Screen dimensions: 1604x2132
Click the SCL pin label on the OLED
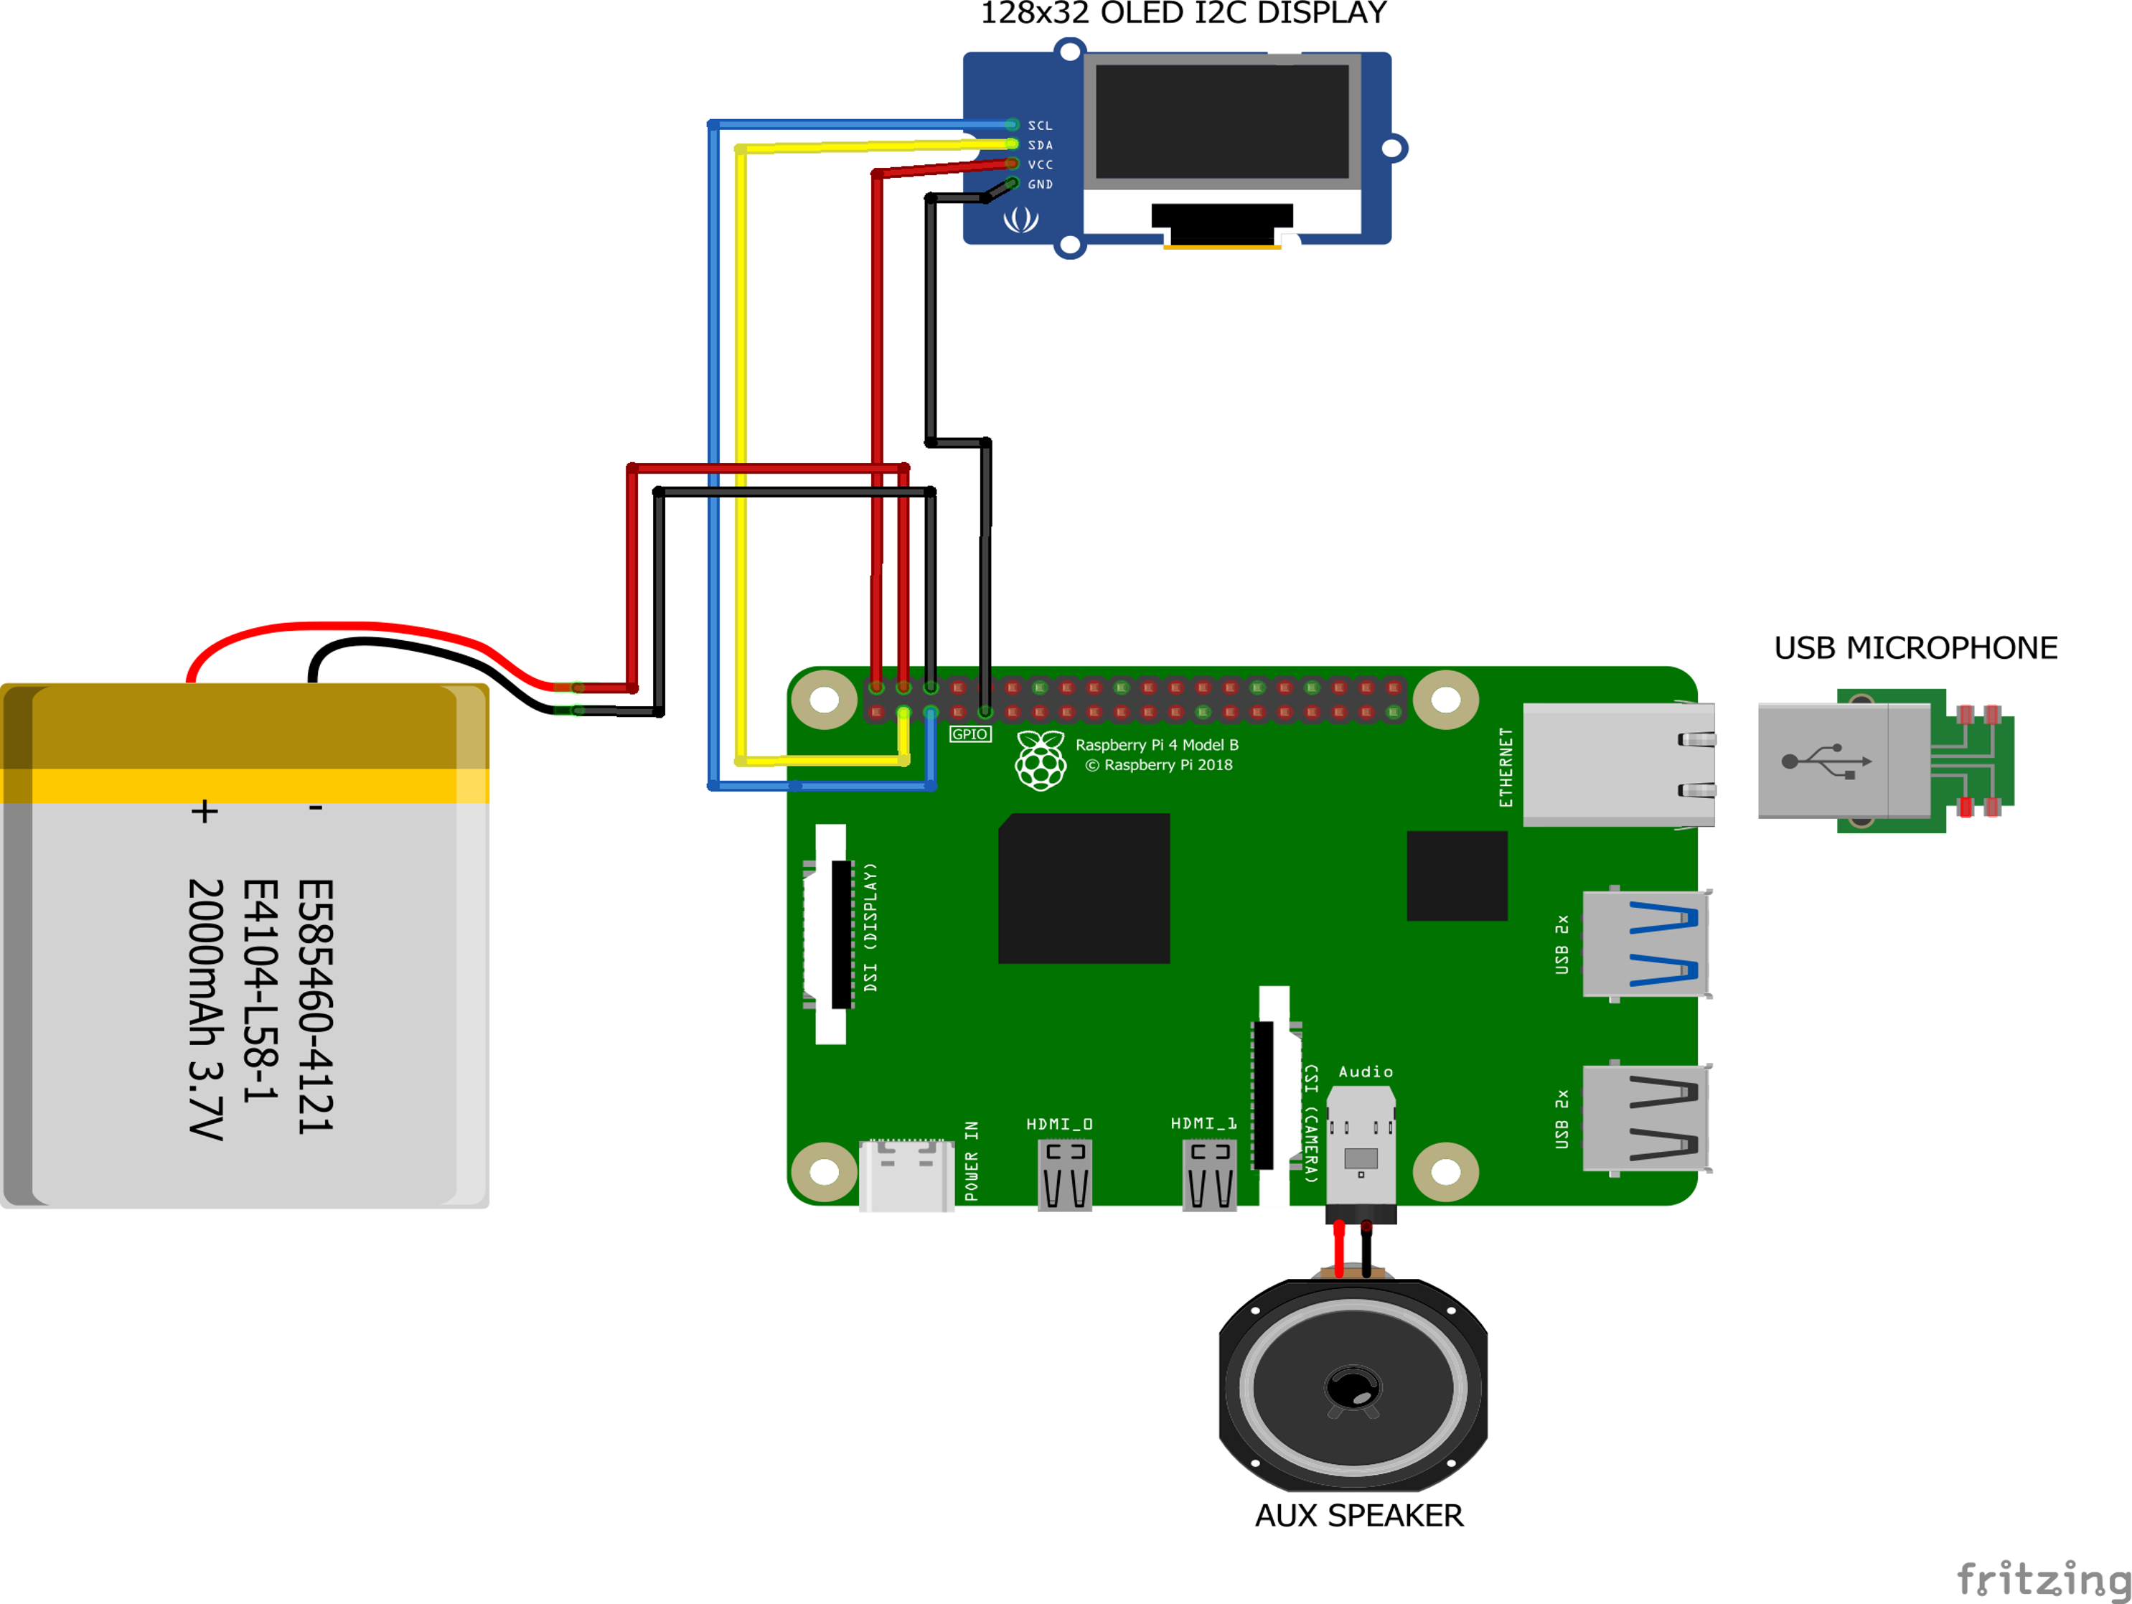pos(1040,126)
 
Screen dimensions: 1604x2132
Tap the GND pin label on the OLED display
pos(1040,185)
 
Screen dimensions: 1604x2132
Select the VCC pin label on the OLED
pos(1040,165)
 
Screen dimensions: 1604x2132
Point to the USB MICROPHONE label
pos(1915,649)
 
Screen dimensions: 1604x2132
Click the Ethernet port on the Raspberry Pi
pos(1618,764)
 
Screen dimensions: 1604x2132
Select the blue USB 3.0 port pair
pos(1646,944)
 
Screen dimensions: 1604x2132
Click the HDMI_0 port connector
pos(1065,1173)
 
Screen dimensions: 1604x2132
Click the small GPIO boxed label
pos(969,734)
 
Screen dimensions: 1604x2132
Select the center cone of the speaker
pos(1353,1389)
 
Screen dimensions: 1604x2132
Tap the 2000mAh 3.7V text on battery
pos(205,1008)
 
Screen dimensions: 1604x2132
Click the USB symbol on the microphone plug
pos(1826,761)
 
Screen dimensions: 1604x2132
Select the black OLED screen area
pos(1221,121)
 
